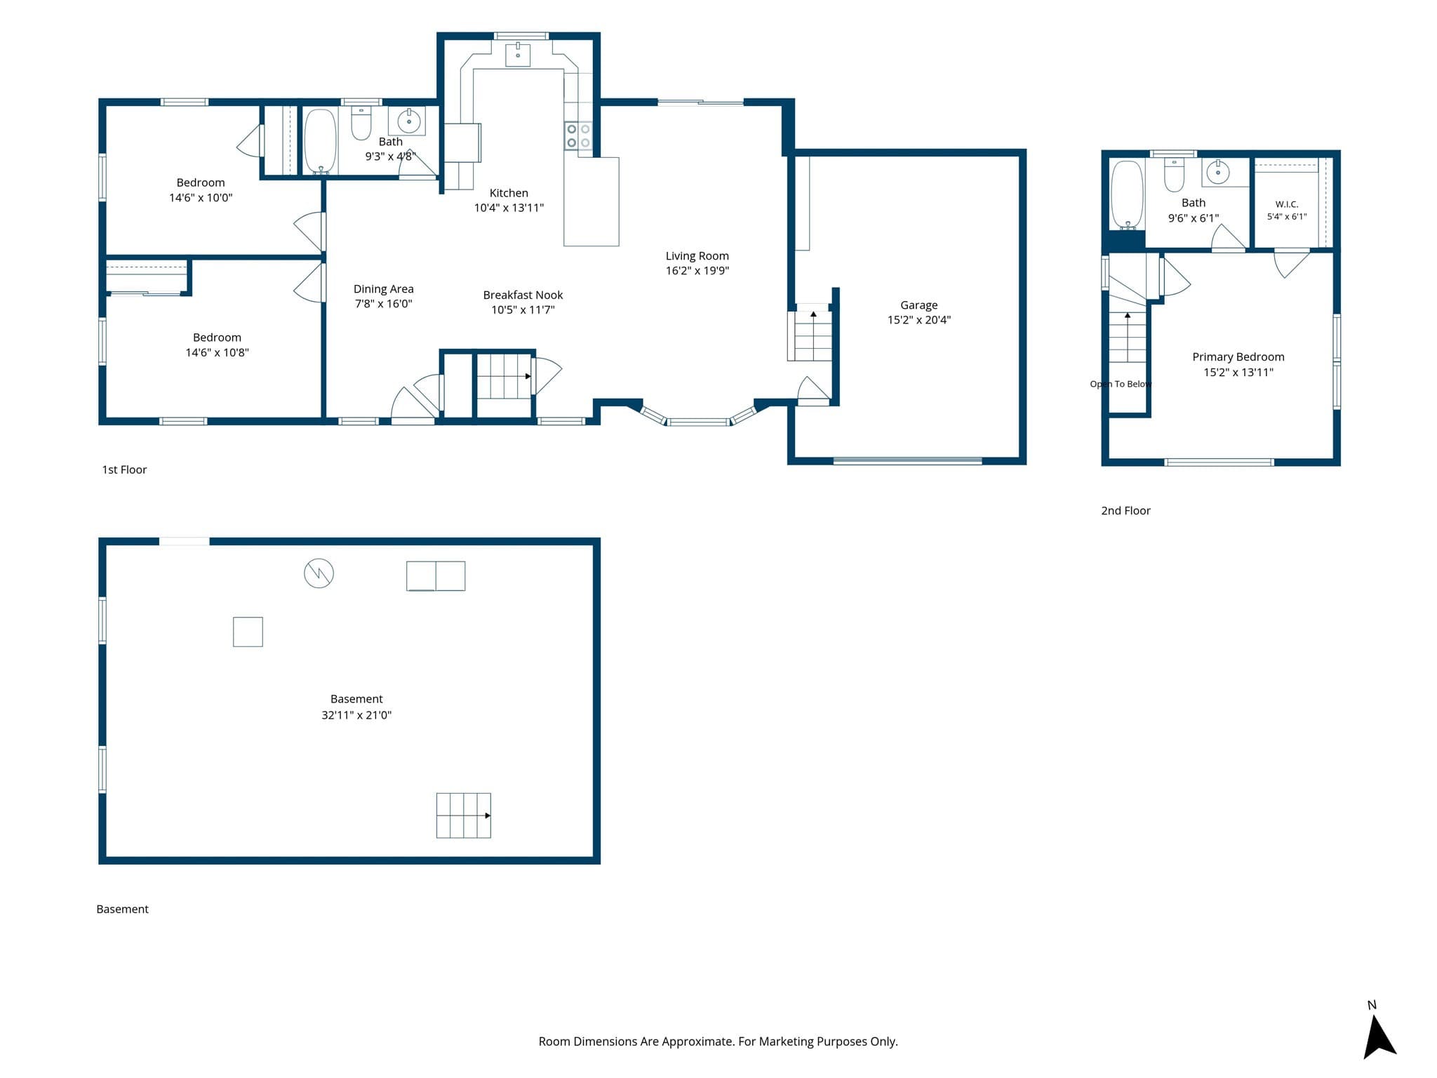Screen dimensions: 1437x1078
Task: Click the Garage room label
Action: [918, 305]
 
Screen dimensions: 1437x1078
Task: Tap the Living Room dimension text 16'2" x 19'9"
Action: [697, 271]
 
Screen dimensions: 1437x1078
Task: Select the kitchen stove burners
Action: [578, 136]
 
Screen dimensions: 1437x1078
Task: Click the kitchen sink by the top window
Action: [518, 53]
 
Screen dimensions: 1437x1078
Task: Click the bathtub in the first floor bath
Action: [320, 141]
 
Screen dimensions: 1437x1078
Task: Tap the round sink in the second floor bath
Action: [1218, 172]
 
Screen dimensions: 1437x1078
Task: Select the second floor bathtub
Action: [1128, 194]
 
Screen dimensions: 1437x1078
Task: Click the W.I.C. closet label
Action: [1287, 204]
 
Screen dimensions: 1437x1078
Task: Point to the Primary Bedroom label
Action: [1238, 357]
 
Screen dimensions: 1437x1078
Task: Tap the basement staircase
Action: [463, 816]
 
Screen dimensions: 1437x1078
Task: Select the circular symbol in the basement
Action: [319, 573]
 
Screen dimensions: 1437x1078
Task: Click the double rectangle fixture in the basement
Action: [436, 575]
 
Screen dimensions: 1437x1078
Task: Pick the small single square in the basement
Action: [248, 632]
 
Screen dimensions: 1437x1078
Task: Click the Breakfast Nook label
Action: [523, 295]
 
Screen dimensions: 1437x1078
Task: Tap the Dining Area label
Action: [383, 288]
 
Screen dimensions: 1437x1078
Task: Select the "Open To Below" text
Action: [1121, 384]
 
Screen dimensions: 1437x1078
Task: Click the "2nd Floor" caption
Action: [1125, 511]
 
